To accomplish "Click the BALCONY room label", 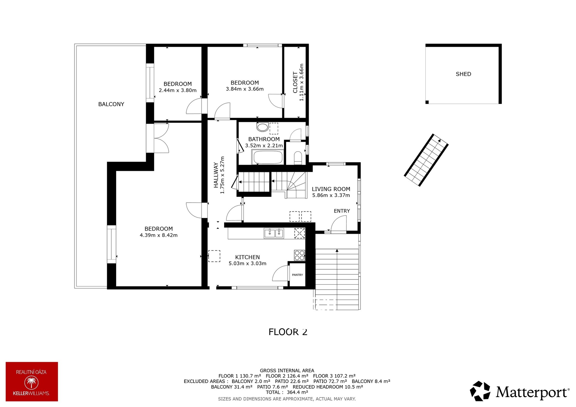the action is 111,104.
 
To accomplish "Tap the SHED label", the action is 463,74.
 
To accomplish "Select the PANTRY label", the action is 297,275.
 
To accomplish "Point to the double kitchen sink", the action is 274,233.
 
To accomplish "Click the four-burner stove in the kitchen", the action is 299,255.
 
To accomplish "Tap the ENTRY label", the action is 342,211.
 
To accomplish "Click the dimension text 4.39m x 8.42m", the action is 158,235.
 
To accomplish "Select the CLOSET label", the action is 295,82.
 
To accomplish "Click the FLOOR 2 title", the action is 288,332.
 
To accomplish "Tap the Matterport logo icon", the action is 480,391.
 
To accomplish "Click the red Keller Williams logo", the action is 32,382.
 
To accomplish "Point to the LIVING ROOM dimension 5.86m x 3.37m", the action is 331,195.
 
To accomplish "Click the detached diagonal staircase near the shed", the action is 426,160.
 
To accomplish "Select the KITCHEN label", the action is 247,257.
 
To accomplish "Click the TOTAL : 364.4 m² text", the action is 287,392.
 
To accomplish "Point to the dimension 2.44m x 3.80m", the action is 178,90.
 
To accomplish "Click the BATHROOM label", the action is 264,139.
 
